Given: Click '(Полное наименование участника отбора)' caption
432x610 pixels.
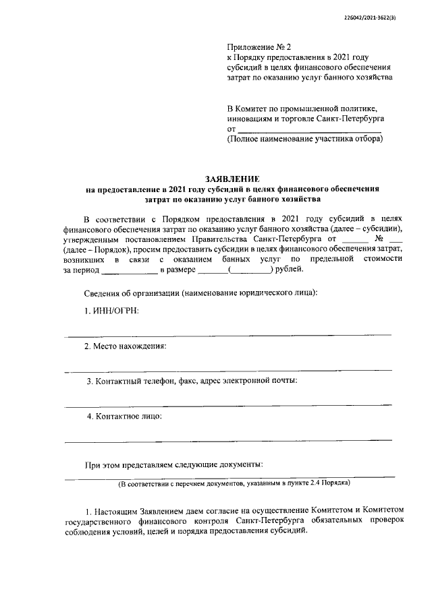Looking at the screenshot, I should coord(304,139).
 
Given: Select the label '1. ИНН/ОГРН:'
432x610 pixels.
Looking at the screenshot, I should coord(111,311).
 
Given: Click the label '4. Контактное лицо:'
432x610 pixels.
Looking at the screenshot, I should coord(124,416).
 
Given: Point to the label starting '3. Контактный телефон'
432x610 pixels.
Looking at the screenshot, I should coord(192,381).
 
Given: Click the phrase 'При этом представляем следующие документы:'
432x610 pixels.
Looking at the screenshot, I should coord(173,464).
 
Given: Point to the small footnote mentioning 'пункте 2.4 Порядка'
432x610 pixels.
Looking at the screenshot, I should coord(234,483).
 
